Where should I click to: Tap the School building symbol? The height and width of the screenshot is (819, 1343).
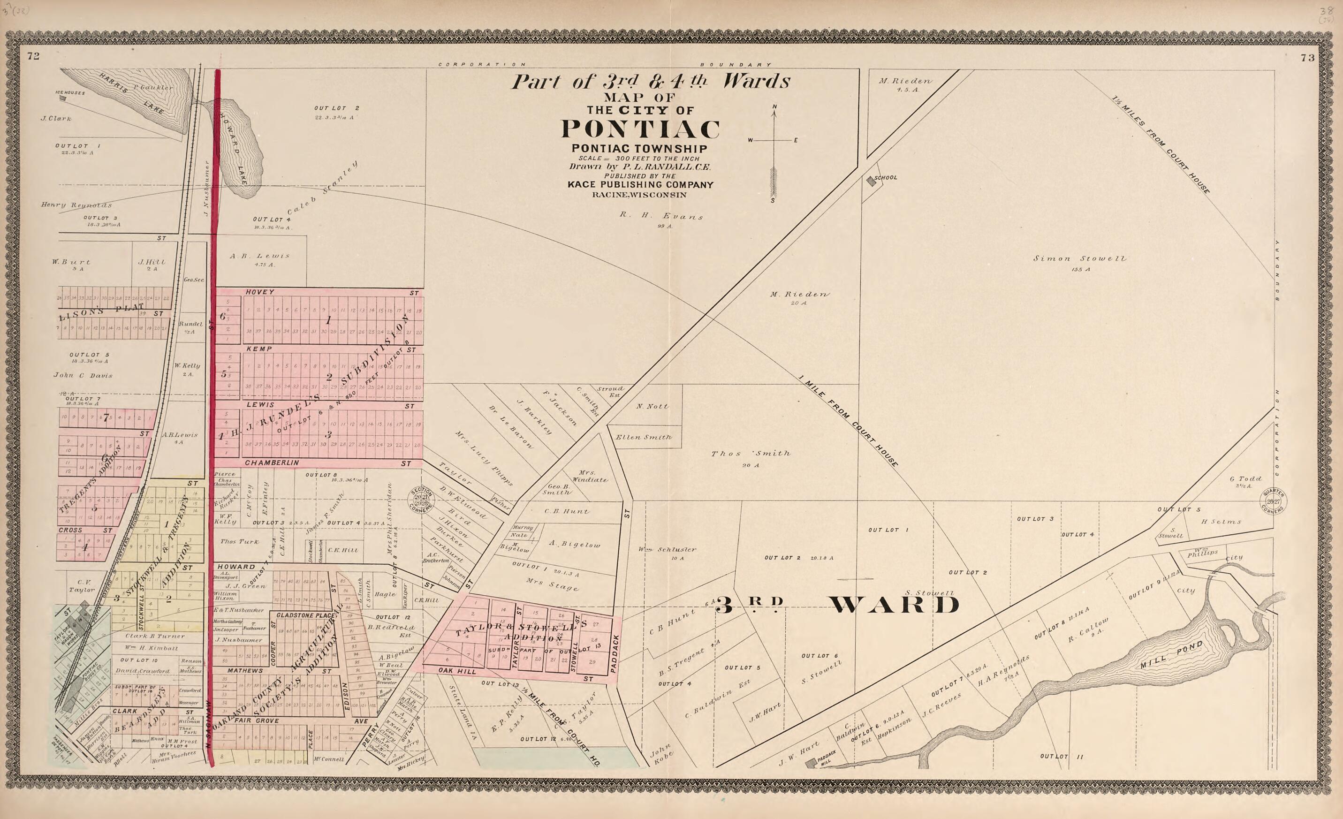coord(871,182)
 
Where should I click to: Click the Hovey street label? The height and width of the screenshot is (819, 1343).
coord(260,292)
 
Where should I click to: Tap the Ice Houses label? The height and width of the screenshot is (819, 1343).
coord(70,92)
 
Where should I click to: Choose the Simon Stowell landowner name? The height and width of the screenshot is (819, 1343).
coord(1079,259)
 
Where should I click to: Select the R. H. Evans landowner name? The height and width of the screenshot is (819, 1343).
coord(661,216)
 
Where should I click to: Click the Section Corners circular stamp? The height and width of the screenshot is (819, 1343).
coord(422,500)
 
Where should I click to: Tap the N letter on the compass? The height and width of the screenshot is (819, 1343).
coord(774,106)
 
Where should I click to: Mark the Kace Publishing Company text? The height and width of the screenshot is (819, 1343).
coord(640,185)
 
